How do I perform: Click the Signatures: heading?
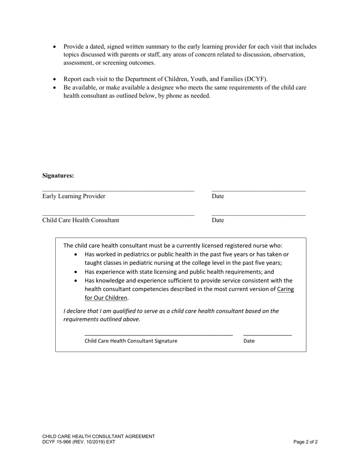(58, 176)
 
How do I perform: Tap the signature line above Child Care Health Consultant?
(118, 216)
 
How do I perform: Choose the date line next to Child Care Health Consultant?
(258, 216)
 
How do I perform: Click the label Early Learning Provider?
(74, 196)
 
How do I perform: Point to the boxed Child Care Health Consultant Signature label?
(131, 341)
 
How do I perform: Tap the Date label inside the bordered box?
(249, 341)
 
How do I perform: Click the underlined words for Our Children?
(106, 298)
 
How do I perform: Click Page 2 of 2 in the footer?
(305, 442)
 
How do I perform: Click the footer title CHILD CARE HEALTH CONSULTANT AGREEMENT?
(99, 436)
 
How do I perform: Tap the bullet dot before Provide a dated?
(55, 47)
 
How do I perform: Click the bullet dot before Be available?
(55, 88)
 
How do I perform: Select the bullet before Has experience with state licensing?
(76, 272)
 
